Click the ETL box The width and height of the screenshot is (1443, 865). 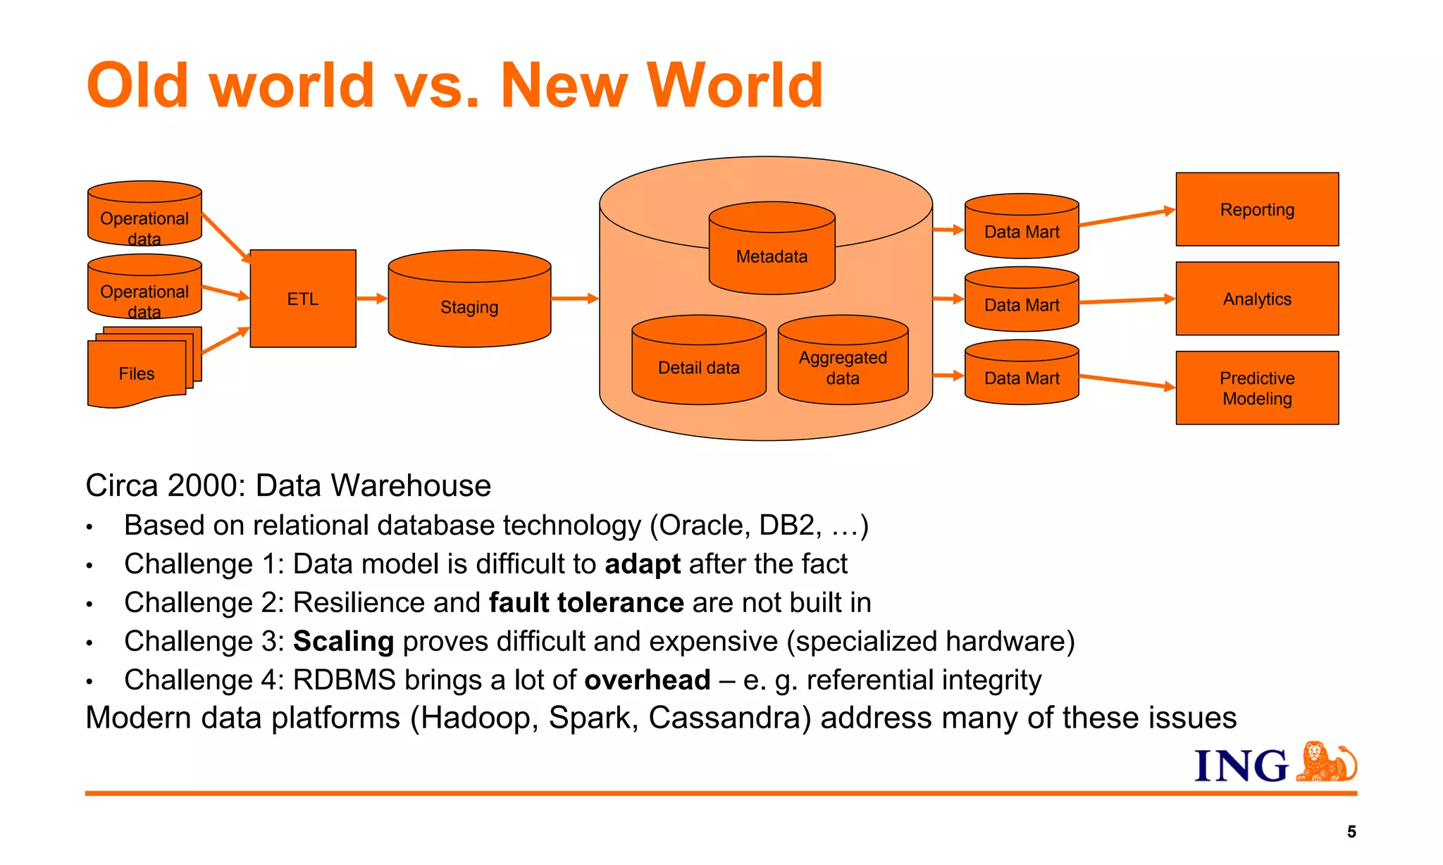(x=303, y=299)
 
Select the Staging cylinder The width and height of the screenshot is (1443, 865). (x=469, y=307)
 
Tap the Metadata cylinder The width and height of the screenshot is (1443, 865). (x=772, y=256)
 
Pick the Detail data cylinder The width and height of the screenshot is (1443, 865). (x=698, y=368)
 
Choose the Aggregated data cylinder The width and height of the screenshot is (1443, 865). (x=843, y=368)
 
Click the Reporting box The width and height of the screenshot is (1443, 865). (x=1257, y=209)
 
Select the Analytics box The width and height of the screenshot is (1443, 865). (x=1257, y=299)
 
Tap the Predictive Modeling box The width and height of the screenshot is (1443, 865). (x=1257, y=388)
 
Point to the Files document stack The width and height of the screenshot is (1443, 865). (x=137, y=373)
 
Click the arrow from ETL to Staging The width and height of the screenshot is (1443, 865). (x=372, y=299)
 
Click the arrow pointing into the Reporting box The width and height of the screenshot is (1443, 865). (x=1127, y=217)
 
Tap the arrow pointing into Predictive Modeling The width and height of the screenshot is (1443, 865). (x=1127, y=381)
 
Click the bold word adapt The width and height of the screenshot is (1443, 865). (x=643, y=564)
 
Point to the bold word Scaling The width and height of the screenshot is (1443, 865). (x=343, y=642)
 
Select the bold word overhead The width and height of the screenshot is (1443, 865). (x=647, y=680)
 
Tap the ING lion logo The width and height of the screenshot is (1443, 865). (x=1326, y=762)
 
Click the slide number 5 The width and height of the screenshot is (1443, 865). (x=1351, y=832)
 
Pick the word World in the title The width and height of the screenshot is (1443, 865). (x=735, y=86)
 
